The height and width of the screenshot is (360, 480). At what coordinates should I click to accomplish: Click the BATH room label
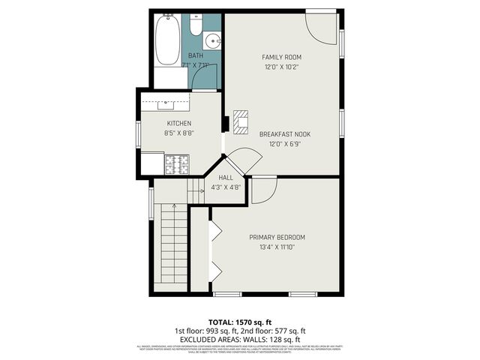tap(195, 55)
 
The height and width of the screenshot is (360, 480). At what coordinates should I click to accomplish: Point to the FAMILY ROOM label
tap(281, 57)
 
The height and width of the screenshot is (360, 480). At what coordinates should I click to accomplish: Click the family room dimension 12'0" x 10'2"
tap(281, 67)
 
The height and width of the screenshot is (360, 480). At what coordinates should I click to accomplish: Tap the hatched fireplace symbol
tap(241, 121)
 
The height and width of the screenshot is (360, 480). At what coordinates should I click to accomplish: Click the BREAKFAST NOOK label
tap(284, 133)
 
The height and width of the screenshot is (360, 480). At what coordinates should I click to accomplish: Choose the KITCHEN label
tap(178, 123)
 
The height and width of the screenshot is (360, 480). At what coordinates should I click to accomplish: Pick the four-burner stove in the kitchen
tap(178, 163)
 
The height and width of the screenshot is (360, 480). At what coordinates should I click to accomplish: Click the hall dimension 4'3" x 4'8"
tap(226, 187)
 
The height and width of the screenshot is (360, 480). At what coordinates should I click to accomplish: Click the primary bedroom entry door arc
tap(262, 191)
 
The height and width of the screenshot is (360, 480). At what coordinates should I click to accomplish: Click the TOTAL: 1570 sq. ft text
tap(240, 321)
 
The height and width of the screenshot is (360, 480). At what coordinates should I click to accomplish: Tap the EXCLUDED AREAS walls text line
tap(240, 338)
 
